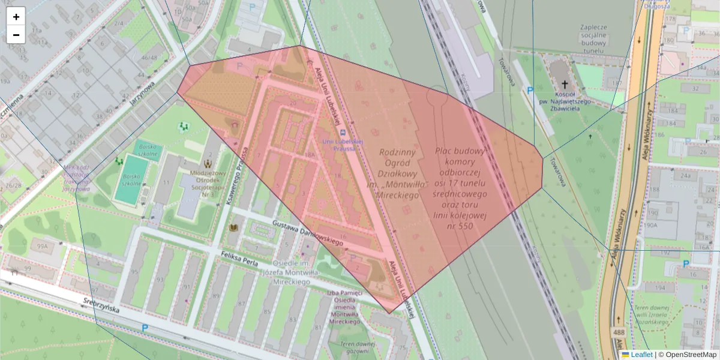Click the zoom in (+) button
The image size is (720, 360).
(x=16, y=17)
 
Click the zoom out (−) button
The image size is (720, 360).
(x=16, y=35)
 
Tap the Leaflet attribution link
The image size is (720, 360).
(x=641, y=355)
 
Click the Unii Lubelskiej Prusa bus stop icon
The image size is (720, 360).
(x=342, y=133)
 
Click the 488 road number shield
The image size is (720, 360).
(x=619, y=332)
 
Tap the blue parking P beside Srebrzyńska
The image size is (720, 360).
(x=145, y=328)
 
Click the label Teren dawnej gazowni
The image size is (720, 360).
(x=356, y=348)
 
